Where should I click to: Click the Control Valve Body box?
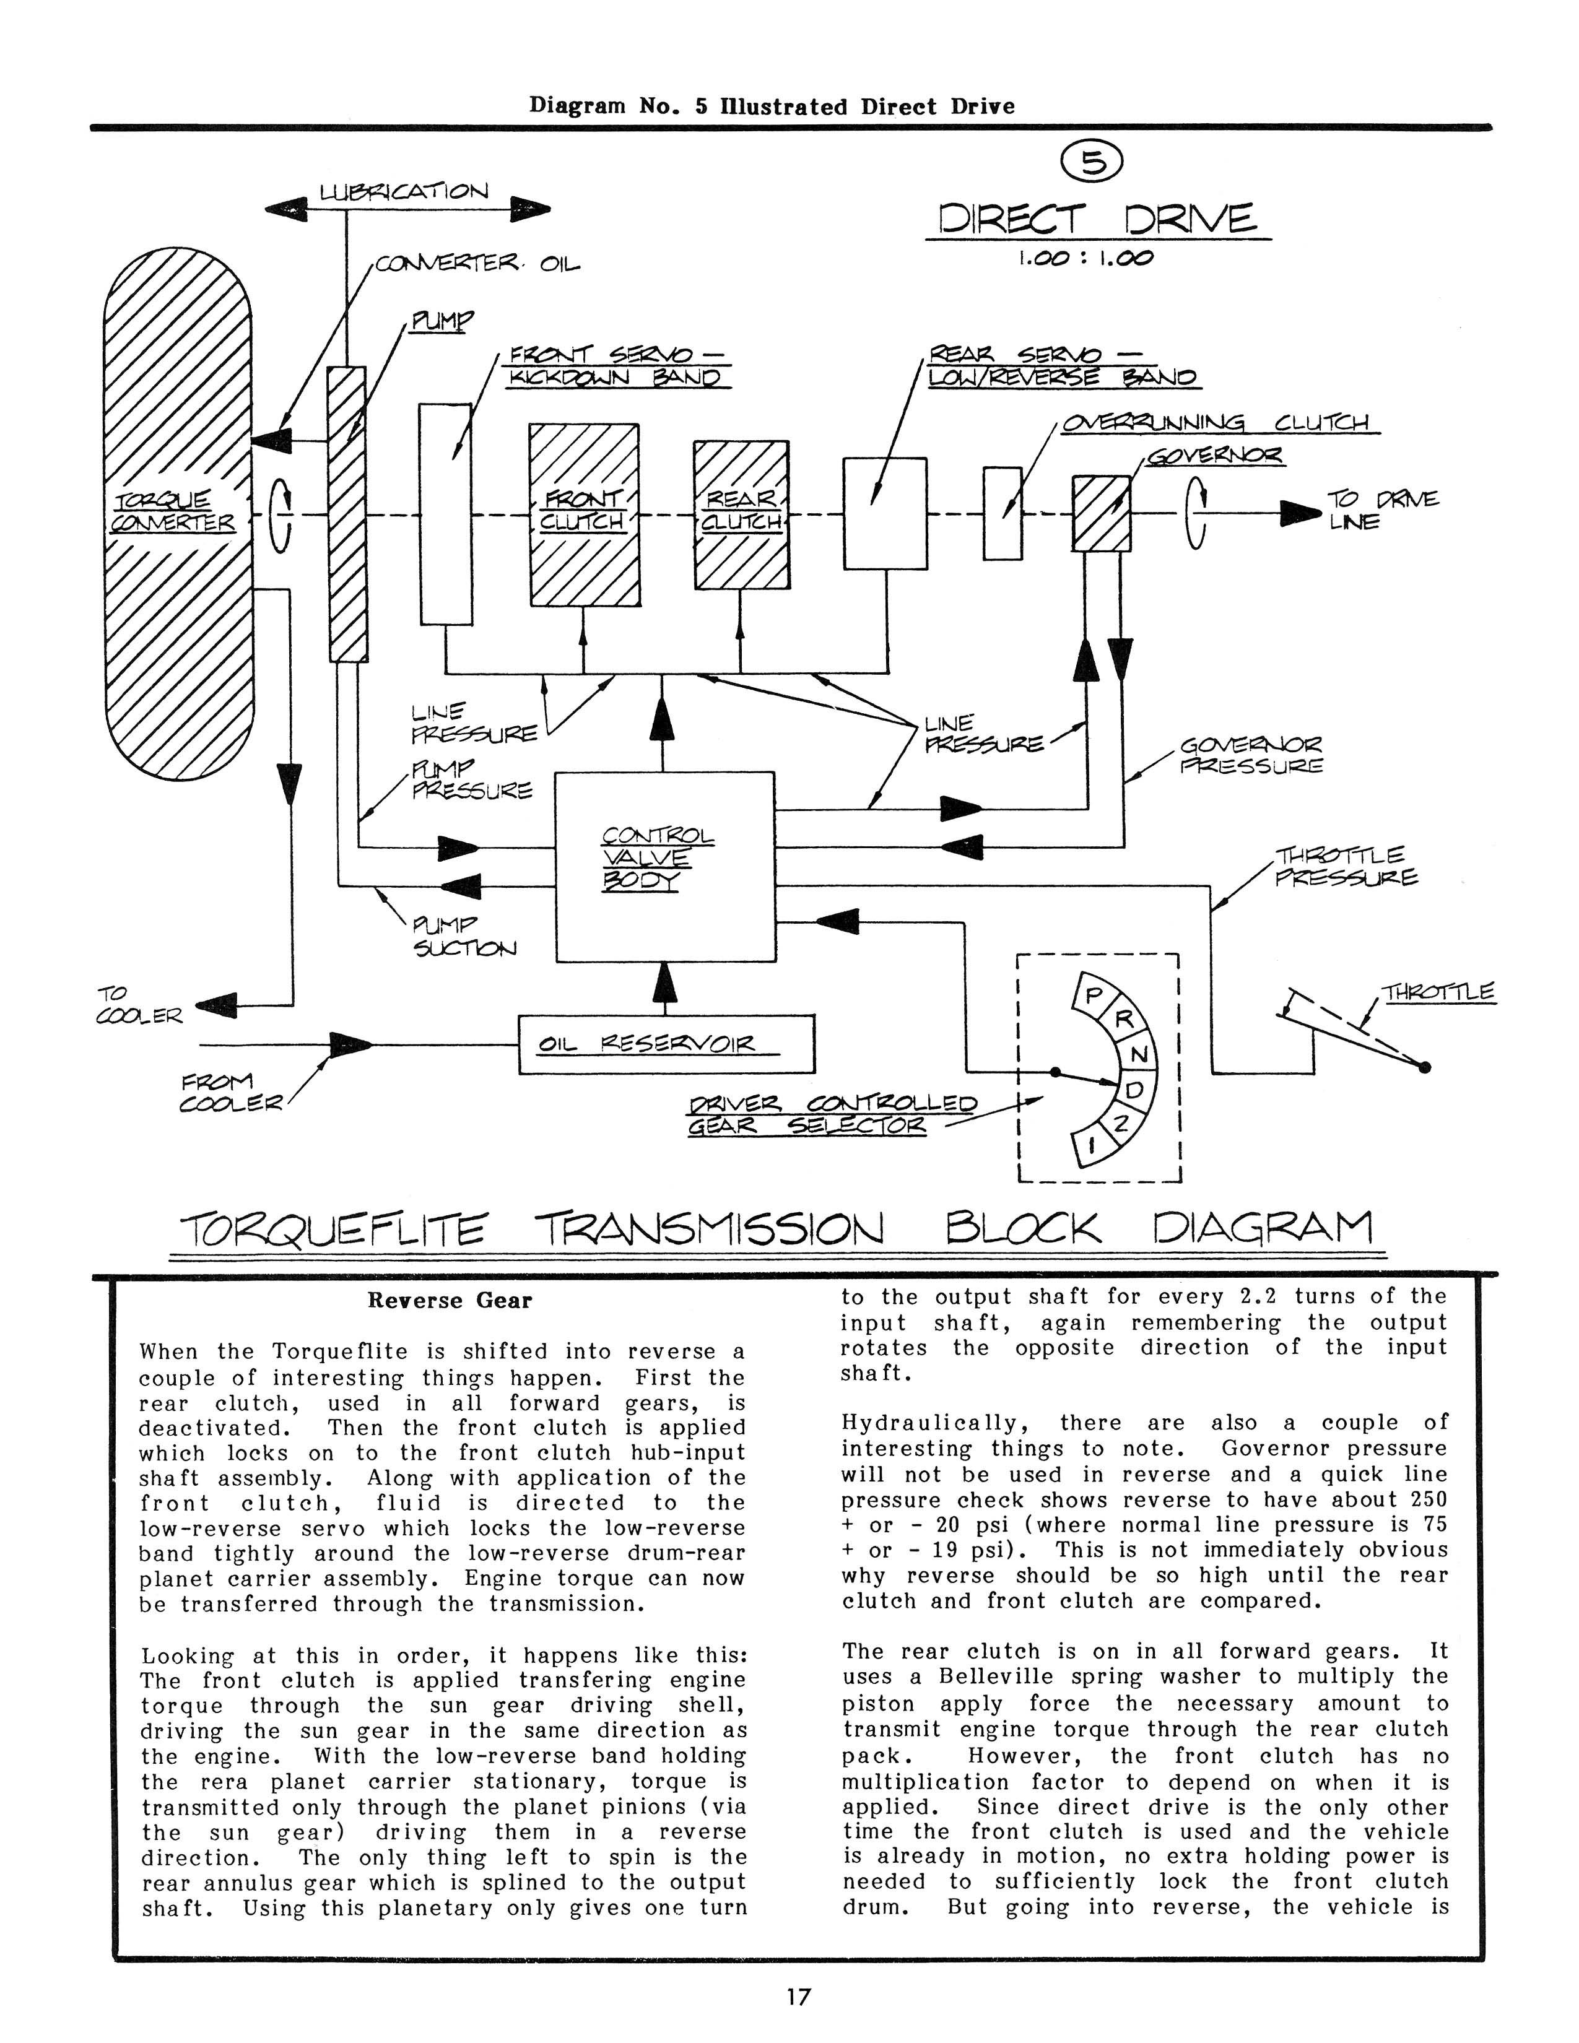[x=665, y=866]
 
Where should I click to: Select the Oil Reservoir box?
[x=666, y=1044]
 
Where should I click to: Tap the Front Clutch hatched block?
[x=585, y=514]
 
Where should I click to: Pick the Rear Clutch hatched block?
[x=741, y=514]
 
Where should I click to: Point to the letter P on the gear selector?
[x=1092, y=996]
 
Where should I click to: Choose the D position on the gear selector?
[x=1133, y=1091]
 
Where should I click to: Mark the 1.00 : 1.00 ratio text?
[x=1086, y=258]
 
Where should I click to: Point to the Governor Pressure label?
[x=1251, y=756]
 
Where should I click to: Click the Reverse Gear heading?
[x=450, y=1300]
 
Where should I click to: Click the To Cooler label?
[x=139, y=1005]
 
